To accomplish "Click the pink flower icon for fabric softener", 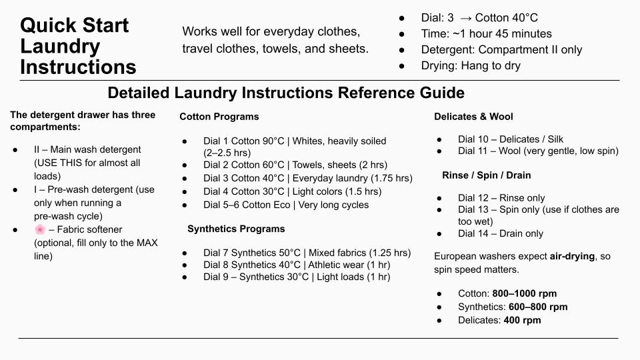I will click(x=40, y=229).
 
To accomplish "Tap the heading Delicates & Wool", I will click(x=473, y=117).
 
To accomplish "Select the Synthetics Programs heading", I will click(x=236, y=229).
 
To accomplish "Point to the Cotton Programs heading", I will click(x=219, y=117).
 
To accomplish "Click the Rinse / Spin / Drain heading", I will click(x=486, y=175).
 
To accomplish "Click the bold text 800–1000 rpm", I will click(x=524, y=293).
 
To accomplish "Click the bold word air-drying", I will click(x=572, y=256).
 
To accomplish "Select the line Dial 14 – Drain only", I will click(x=500, y=233).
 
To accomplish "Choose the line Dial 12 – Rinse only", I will click(x=501, y=198).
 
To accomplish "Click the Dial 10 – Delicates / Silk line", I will click(x=510, y=139).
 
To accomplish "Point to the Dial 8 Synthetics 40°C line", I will click(x=297, y=265).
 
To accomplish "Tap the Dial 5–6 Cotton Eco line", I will click(x=285, y=205).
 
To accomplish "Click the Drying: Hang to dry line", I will click(x=470, y=65).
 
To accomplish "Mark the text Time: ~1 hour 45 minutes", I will click(x=486, y=33).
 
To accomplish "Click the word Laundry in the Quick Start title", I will click(x=60, y=47).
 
